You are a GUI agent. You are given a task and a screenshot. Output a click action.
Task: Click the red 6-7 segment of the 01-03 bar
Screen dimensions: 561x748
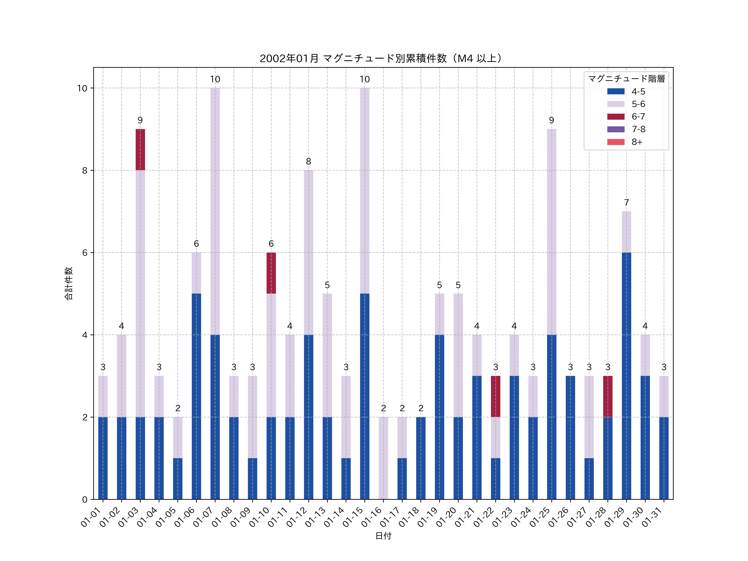point(140,149)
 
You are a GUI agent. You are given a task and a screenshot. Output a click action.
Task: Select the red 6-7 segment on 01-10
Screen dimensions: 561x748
point(271,273)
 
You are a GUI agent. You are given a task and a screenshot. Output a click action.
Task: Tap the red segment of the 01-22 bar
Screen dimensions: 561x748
point(495,396)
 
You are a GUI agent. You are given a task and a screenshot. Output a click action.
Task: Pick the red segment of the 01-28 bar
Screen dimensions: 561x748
point(608,396)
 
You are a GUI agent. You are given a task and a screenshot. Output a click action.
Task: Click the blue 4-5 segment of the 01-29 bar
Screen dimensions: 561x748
point(626,375)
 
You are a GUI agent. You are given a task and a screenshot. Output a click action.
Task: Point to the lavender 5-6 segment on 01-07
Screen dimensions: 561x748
point(215,211)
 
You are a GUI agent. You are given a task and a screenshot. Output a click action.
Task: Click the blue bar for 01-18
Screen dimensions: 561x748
point(421,458)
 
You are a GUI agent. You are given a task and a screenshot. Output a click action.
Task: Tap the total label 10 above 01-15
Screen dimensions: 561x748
point(364,79)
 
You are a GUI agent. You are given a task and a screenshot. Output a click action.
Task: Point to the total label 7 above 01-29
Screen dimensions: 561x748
point(626,203)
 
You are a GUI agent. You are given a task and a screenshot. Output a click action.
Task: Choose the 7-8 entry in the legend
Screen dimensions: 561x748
point(638,129)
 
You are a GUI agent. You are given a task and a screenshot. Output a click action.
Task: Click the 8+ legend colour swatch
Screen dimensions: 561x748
point(616,142)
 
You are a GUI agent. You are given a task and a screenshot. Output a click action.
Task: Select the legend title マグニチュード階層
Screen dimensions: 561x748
point(626,79)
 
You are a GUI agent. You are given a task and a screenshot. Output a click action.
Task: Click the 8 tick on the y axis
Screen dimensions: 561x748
point(85,170)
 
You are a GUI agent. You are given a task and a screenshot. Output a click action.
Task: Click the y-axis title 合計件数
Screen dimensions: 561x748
point(69,283)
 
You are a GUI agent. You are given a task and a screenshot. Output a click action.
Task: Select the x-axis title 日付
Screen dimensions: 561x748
point(383,536)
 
